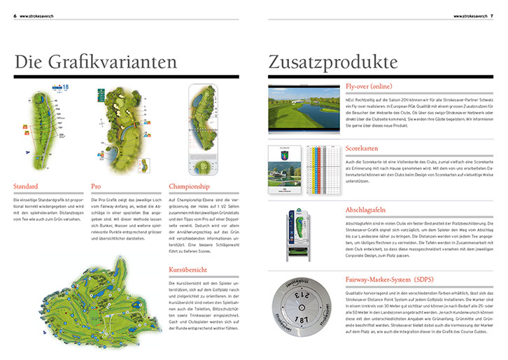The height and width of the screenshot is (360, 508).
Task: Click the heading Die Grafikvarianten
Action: coord(96,62)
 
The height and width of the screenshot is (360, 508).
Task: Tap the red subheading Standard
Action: coord(27,187)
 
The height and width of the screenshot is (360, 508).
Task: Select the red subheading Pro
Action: coord(96,187)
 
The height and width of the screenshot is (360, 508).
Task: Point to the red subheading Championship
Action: coord(190,187)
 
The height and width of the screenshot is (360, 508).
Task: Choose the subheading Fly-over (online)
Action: coord(370,86)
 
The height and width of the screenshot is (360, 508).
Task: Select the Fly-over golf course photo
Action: coord(303,106)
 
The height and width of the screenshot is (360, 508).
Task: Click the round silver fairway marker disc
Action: coord(304,313)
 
